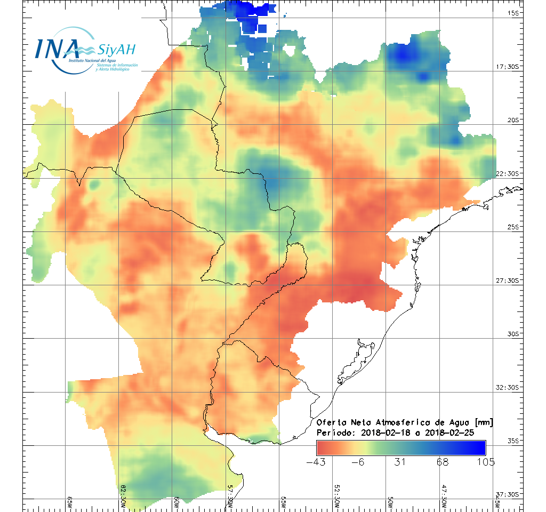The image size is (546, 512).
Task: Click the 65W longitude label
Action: [x=69, y=501]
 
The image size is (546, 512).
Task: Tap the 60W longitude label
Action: [x=176, y=501]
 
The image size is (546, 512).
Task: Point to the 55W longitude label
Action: [x=283, y=501]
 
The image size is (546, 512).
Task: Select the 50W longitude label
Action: [x=390, y=501]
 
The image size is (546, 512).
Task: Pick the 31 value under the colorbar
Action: [x=401, y=462]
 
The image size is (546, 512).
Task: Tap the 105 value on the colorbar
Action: [x=485, y=462]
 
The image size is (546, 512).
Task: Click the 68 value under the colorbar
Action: [x=443, y=462]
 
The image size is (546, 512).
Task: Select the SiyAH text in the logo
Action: [x=116, y=50]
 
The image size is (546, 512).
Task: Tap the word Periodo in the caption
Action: [x=334, y=432]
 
